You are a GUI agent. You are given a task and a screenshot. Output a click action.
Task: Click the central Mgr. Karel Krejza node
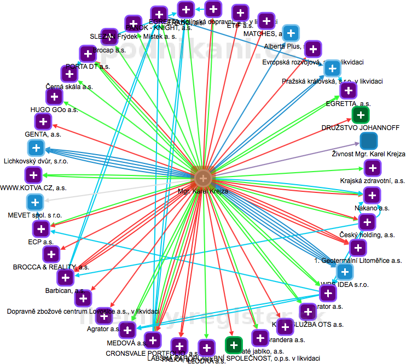coord(203,178)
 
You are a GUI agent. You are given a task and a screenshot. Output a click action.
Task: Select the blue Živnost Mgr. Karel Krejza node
coord(369,141)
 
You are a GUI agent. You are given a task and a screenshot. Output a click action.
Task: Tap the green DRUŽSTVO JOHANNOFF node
coord(359,115)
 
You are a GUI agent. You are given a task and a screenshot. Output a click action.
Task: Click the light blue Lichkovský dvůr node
coord(36,148)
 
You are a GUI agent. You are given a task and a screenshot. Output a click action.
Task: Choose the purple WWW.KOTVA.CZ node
coord(33,175)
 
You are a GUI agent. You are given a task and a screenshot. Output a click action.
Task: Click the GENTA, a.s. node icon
coord(43,121)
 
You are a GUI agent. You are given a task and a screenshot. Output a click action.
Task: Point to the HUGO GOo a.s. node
coord(54,97)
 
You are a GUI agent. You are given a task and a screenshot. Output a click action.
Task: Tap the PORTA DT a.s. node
coord(88,54)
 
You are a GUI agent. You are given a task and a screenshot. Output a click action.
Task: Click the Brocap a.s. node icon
coord(109,37)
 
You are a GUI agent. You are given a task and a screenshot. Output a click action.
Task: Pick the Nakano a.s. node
coord(372,195)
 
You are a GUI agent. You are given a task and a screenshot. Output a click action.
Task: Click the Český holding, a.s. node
coord(367,222)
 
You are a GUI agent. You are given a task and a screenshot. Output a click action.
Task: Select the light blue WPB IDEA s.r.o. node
coord(344,272)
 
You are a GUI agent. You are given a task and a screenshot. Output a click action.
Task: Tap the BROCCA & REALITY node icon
coord(51,254)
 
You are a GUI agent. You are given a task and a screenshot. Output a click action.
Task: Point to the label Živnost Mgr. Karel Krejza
coord(368,154)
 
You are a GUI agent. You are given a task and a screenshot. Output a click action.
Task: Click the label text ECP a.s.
coord(40,241)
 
